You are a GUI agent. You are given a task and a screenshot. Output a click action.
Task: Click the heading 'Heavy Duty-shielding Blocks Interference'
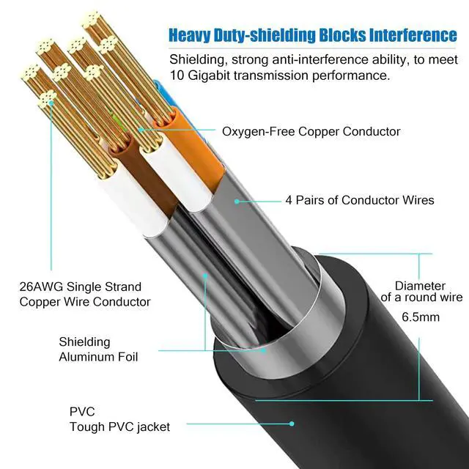point(312,35)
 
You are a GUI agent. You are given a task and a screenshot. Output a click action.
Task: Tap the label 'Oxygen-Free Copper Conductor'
point(311,131)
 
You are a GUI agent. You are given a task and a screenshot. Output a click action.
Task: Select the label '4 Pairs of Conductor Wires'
point(359,200)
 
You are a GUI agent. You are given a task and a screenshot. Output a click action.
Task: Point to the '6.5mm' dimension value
point(420,317)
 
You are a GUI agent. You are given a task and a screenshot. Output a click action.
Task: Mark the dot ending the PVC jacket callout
point(292,423)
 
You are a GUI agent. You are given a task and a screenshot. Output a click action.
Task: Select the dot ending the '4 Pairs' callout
point(236,199)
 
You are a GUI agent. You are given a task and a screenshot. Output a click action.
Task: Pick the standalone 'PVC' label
point(82,412)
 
